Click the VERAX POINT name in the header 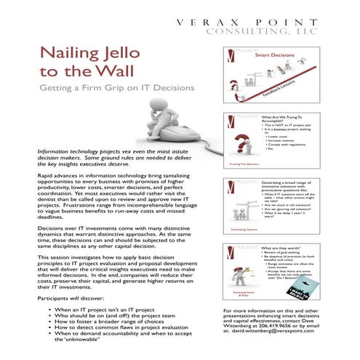coord(265,23)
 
